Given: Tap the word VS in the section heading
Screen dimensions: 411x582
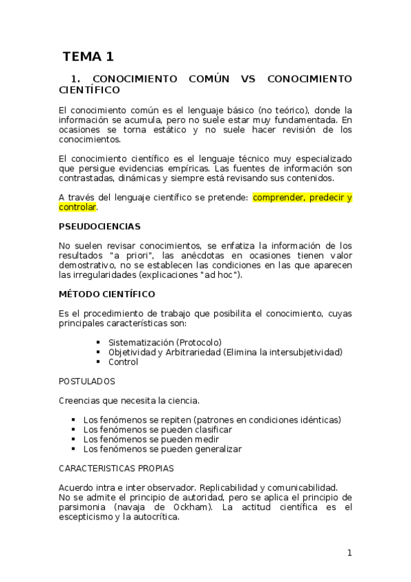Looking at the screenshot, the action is (x=248, y=79).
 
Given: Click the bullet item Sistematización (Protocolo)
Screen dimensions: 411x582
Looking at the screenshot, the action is (x=165, y=342).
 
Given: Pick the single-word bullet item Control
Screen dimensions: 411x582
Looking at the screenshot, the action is (x=123, y=362).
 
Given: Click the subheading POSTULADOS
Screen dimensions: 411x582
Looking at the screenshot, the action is (x=86, y=381).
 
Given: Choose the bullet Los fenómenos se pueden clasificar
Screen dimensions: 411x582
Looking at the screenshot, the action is (x=157, y=430).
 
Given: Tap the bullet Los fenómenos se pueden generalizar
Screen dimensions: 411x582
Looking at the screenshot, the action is (x=162, y=449).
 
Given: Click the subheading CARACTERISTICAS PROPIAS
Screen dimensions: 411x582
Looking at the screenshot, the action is (x=116, y=468).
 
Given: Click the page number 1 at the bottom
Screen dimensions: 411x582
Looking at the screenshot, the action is (x=349, y=552).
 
